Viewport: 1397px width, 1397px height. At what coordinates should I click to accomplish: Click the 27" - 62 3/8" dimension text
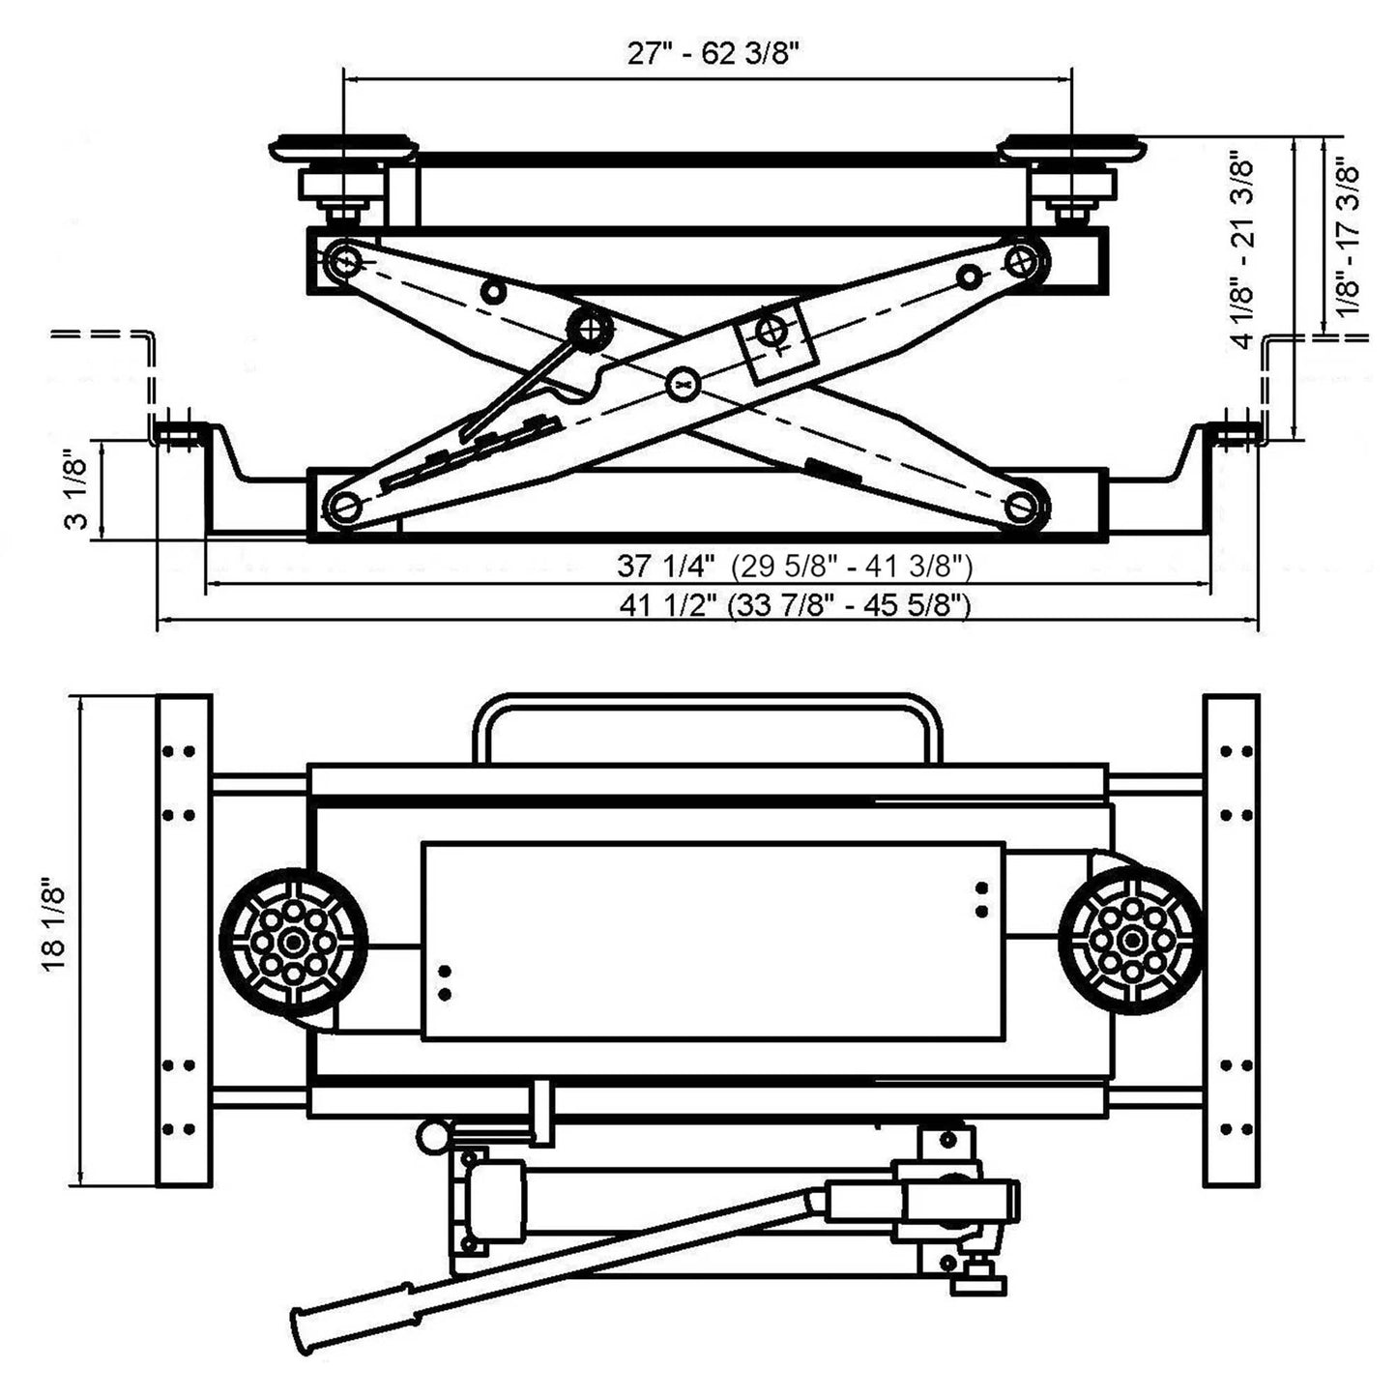(713, 53)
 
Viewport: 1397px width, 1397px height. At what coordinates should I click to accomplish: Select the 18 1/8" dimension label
(55, 939)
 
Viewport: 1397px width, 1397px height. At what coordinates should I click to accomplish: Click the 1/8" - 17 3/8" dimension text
(1350, 239)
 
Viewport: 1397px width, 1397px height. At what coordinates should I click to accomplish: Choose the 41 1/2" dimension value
(668, 606)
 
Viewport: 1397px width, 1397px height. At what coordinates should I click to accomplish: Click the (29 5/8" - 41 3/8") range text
(851, 565)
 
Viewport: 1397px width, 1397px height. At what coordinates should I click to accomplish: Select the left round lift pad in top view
(293, 941)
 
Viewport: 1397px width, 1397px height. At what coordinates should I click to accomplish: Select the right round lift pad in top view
(1130, 941)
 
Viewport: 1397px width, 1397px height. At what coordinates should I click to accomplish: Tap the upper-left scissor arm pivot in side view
(343, 259)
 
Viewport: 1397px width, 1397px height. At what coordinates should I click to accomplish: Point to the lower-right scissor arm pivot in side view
(1023, 504)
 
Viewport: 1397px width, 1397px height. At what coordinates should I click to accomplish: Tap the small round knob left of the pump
(432, 1135)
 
